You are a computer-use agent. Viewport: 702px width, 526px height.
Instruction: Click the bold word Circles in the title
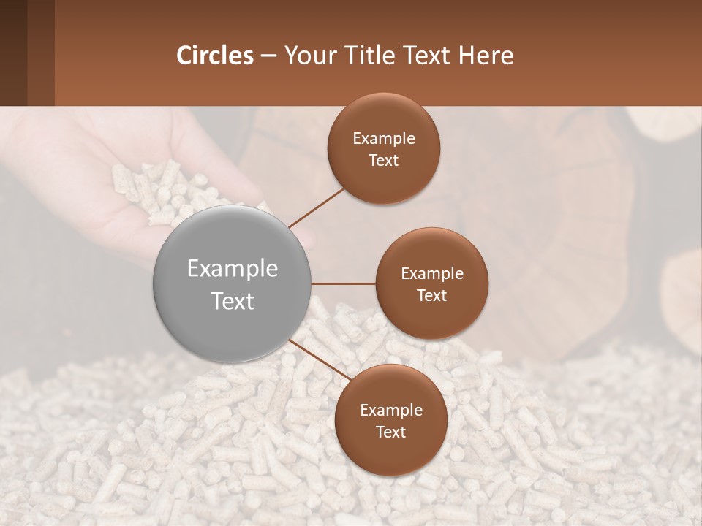point(215,56)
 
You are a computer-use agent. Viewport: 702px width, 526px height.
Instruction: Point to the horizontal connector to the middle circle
point(344,283)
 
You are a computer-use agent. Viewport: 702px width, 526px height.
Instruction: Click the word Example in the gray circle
point(233,269)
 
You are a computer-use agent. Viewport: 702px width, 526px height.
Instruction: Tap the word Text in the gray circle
point(233,301)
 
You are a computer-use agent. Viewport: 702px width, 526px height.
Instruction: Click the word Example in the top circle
point(383,139)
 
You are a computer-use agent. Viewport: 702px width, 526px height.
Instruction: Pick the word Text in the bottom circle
point(390,432)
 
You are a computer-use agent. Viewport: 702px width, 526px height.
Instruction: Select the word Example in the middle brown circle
point(431,274)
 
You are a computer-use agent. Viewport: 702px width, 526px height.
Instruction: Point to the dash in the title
point(268,56)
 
